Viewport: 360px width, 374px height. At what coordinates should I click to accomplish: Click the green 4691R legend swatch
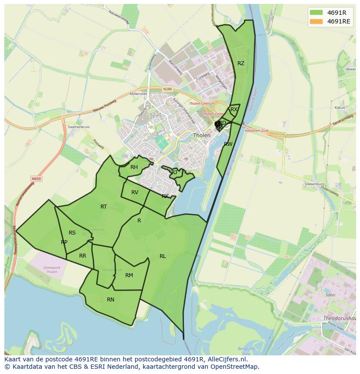point(316,12)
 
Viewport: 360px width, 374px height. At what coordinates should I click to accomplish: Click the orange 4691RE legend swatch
point(316,21)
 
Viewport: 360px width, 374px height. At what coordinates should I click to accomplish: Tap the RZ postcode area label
point(240,63)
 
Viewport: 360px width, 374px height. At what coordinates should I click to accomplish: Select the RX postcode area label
point(234,109)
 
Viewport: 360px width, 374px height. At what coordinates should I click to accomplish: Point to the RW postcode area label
point(228,144)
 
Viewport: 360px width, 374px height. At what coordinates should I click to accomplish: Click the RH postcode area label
point(134,167)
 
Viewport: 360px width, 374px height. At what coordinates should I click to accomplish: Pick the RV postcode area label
point(135,192)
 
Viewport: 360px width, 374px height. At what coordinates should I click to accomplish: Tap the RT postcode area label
point(103,207)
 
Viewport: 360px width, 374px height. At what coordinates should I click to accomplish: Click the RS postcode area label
point(72,233)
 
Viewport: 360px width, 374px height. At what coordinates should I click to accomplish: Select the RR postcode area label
point(83,256)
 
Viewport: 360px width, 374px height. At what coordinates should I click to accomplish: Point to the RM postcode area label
point(129,275)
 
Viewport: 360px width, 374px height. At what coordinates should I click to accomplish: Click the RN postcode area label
point(110,300)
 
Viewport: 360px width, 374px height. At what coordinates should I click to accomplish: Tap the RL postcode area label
point(163,256)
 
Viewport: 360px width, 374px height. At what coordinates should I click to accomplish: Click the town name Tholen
point(202,135)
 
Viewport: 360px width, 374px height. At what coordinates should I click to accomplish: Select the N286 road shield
point(167,89)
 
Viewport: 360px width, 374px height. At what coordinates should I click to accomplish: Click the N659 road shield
point(36,179)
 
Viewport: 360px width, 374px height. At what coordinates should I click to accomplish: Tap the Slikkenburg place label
point(314,184)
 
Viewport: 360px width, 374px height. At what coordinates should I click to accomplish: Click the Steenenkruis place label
point(78,127)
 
